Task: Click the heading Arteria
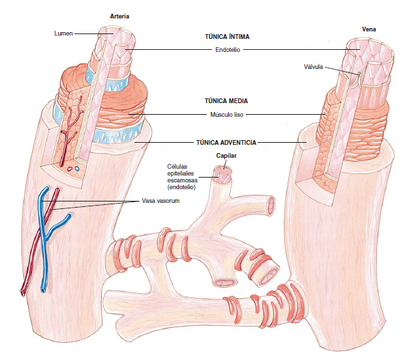[120, 16]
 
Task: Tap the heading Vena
[369, 29]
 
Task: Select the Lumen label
[64, 33]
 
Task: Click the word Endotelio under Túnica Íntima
[227, 50]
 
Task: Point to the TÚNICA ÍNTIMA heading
[227, 37]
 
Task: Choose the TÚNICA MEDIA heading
[226, 100]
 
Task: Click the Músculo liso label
[227, 115]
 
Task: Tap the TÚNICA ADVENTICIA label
[226, 142]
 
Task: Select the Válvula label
[314, 67]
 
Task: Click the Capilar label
[226, 156]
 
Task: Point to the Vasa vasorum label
[161, 201]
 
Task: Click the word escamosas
[182, 180]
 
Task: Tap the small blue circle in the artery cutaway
[77, 169]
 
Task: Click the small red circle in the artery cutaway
[70, 169]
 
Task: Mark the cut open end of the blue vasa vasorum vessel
[42, 290]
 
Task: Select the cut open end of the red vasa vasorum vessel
[22, 292]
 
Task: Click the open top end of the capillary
[223, 169]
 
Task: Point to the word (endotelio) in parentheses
[181, 187]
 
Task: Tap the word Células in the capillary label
[177, 167]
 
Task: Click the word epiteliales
[180, 174]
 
